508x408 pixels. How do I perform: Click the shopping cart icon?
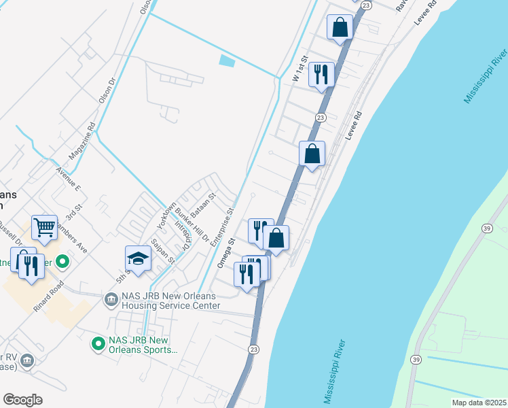click(x=44, y=228)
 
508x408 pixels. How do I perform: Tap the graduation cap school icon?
click(x=137, y=259)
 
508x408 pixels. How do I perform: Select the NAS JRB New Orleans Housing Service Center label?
click(x=170, y=301)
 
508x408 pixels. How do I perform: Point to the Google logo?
click(x=22, y=400)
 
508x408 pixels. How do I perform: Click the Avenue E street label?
click(x=69, y=179)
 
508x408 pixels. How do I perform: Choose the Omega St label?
click(x=225, y=252)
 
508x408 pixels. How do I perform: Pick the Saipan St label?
click(x=164, y=250)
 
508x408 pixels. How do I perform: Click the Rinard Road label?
click(x=48, y=296)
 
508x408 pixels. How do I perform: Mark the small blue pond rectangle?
click(x=227, y=61)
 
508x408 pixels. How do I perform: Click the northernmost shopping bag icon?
click(x=340, y=28)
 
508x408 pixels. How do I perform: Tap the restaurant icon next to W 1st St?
click(x=321, y=73)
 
